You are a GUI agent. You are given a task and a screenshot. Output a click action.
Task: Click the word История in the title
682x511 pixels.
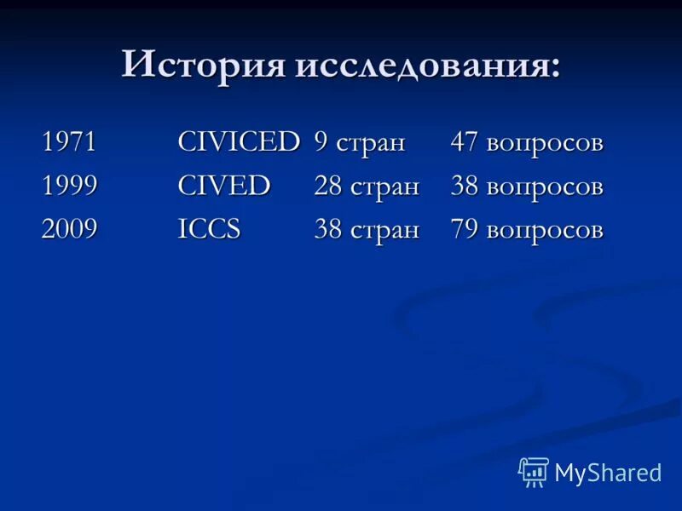(x=204, y=65)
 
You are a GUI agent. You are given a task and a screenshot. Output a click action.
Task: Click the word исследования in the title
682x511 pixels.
(x=428, y=66)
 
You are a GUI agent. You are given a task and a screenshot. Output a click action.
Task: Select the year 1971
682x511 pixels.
(x=68, y=142)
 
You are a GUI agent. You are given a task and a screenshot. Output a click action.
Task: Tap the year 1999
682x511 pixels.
(x=69, y=186)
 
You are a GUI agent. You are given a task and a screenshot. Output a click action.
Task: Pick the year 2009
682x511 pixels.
(x=69, y=229)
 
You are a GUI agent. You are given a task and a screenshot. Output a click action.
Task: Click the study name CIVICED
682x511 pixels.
(x=239, y=142)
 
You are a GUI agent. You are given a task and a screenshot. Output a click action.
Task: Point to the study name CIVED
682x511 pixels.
(x=224, y=186)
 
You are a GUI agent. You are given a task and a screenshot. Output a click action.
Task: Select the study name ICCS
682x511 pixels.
(x=210, y=229)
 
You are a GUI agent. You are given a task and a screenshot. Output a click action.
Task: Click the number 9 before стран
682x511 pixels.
(x=321, y=142)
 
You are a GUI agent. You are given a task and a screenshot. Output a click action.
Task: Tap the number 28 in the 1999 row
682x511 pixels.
(x=328, y=186)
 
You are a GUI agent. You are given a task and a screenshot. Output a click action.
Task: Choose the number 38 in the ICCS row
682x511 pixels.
(x=329, y=229)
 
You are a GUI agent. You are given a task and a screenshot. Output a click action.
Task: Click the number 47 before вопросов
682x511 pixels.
(x=465, y=142)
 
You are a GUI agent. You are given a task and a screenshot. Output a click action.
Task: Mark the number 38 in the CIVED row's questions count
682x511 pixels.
(x=465, y=186)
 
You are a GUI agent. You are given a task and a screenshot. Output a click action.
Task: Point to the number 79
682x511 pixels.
(x=465, y=229)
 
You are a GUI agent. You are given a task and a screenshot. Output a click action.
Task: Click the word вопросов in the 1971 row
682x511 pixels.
(x=545, y=143)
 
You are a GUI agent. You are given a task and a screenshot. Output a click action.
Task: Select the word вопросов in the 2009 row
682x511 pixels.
(x=545, y=230)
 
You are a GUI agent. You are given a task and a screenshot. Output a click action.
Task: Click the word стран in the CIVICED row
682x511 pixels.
(x=370, y=143)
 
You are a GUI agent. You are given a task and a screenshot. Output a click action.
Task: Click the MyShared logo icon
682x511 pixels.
(x=534, y=471)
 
